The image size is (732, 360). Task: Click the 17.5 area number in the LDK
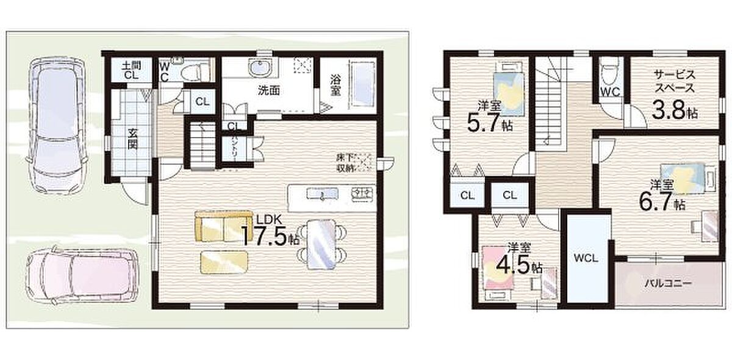tap(265, 236)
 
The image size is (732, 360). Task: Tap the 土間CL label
tap(131, 71)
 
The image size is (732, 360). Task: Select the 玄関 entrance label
tap(132, 139)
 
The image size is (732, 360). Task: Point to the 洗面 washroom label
tap(269, 90)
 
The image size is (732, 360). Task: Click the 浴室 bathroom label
tap(335, 85)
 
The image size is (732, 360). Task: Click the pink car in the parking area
tap(82, 278)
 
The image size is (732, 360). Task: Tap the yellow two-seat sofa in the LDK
tap(223, 226)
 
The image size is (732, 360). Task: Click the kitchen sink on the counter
tap(322, 194)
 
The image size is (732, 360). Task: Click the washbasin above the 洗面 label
tap(260, 67)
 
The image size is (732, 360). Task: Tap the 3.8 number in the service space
tap(669, 110)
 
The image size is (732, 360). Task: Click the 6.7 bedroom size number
tap(656, 202)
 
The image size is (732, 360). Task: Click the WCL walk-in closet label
tap(586, 258)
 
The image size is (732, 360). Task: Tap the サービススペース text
tap(675, 81)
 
